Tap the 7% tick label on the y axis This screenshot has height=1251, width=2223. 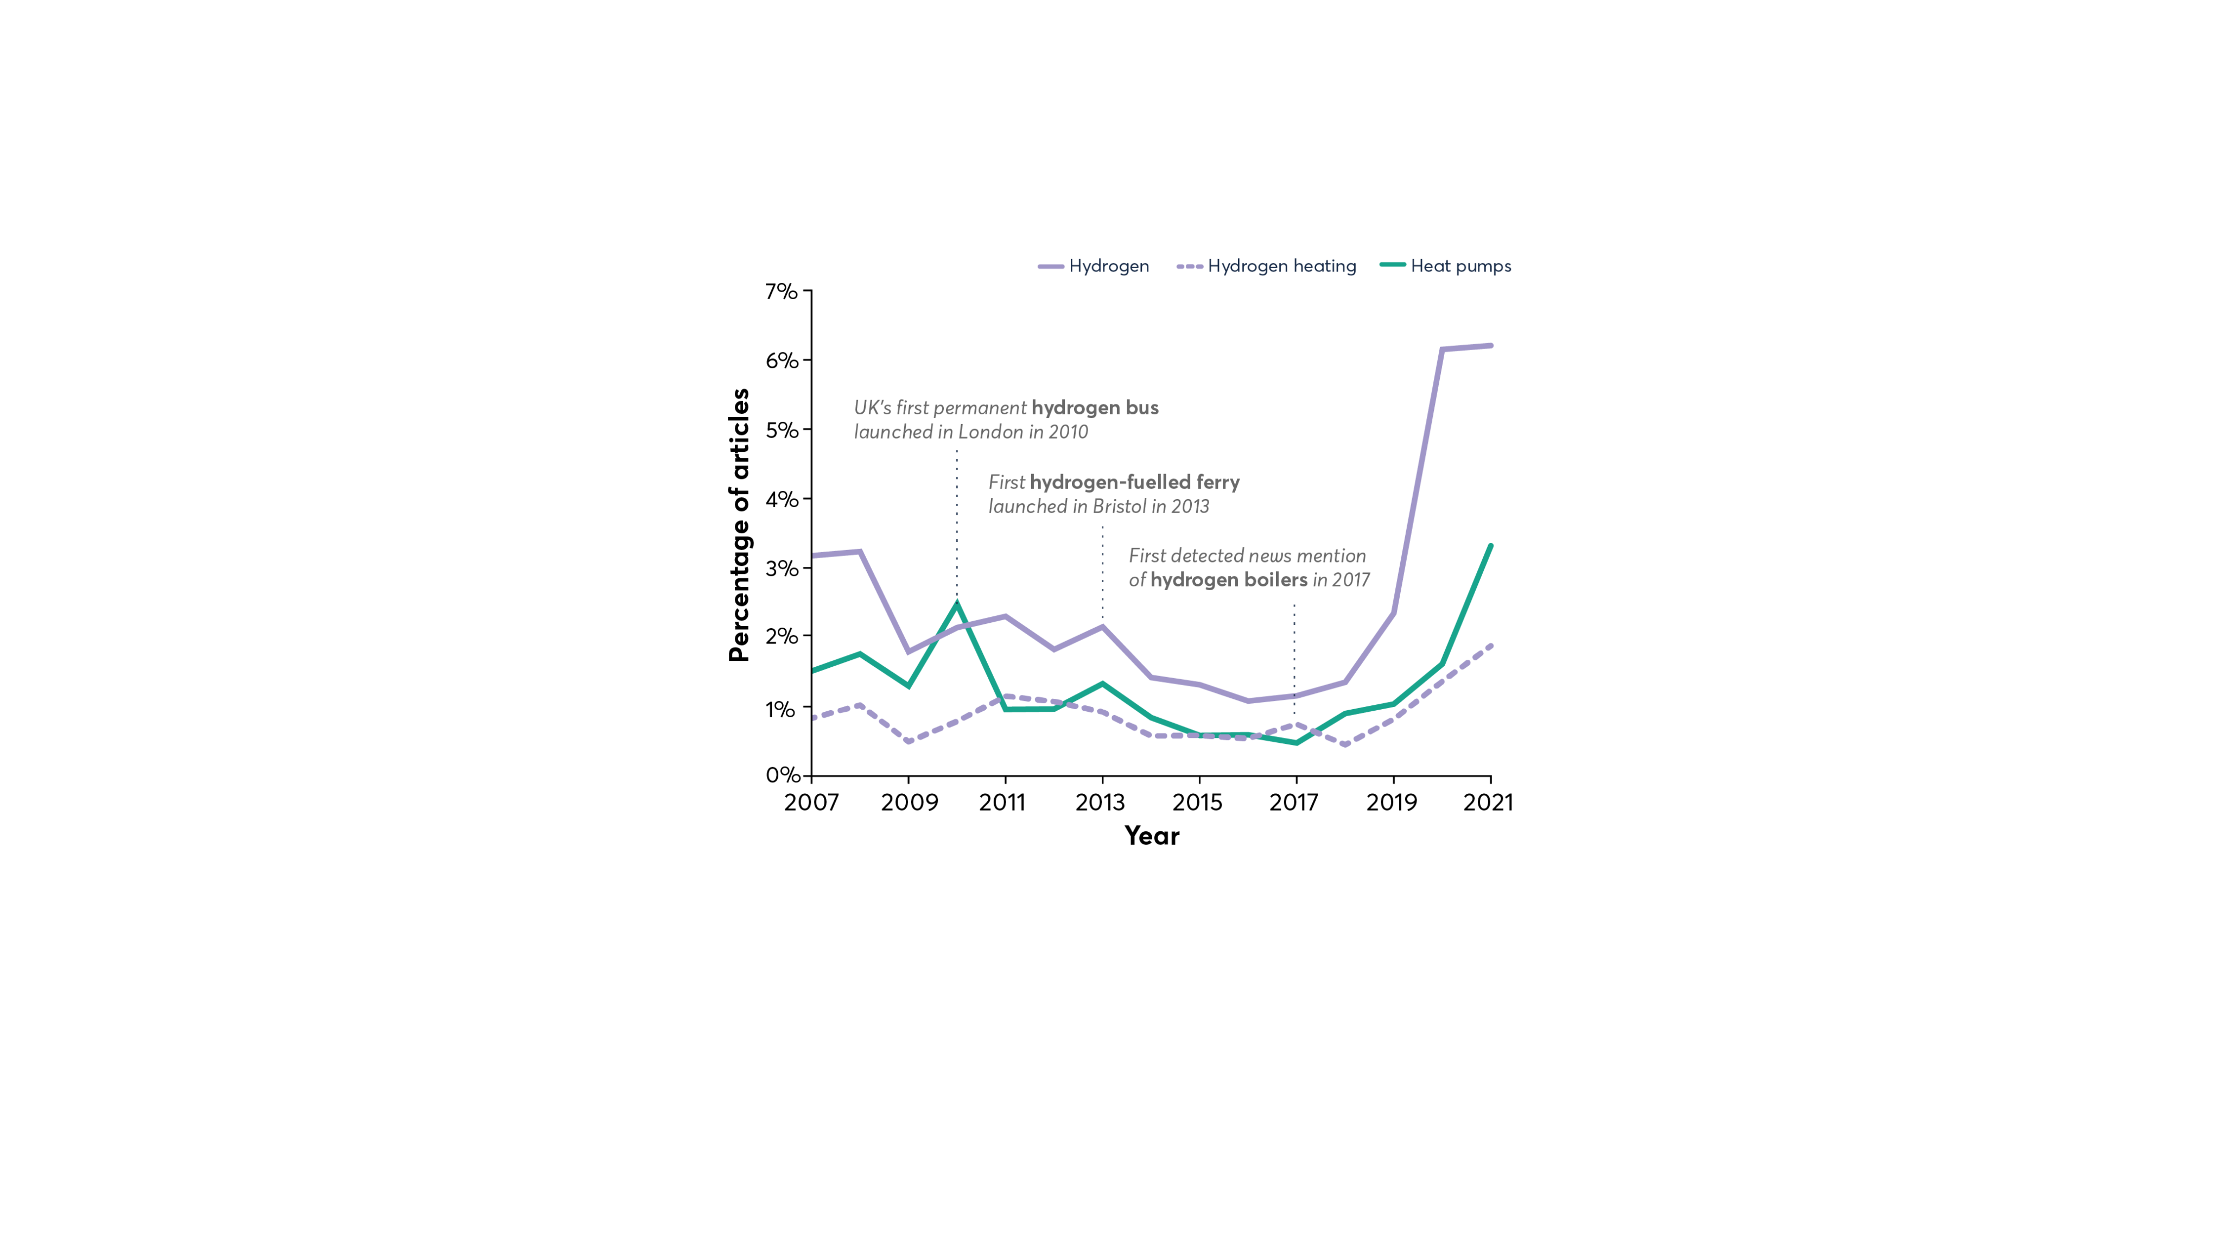(781, 292)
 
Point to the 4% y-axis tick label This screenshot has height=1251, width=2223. (781, 499)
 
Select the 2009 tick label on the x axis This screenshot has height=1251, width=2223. (909, 803)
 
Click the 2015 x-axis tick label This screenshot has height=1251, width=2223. (1197, 803)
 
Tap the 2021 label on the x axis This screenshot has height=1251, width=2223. (1488, 803)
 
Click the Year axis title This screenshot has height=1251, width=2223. (1151, 836)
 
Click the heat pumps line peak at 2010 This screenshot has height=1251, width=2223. (957, 603)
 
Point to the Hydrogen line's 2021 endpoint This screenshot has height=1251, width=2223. (1490, 345)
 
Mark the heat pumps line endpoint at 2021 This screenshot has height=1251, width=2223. (1490, 546)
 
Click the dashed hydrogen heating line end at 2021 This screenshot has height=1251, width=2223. (1490, 645)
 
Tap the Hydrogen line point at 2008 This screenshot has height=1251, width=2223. (860, 551)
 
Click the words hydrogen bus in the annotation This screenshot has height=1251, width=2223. (1094, 408)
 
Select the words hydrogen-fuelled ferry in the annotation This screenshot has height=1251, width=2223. (1134, 482)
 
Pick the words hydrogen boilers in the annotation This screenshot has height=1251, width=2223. (1228, 580)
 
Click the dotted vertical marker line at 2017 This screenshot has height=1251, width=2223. (1294, 656)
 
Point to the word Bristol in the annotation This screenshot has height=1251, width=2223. (1119, 507)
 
